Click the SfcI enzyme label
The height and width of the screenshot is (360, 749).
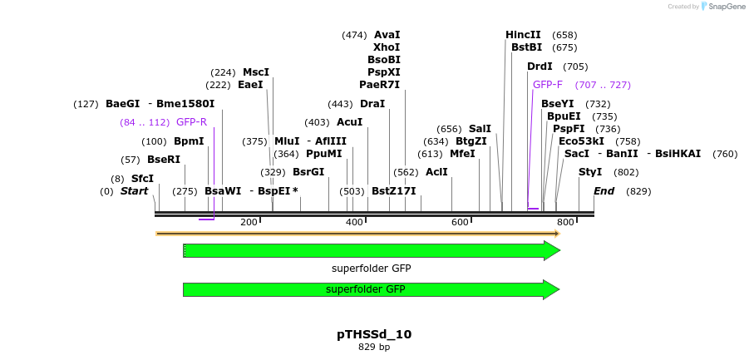[x=142, y=179]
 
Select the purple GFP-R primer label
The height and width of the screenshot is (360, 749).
[x=191, y=122]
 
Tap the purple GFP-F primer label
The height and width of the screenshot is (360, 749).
[x=547, y=85]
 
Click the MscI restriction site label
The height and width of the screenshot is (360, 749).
[x=256, y=72]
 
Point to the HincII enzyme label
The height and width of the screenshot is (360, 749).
[x=523, y=35]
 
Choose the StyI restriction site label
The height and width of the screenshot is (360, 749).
[x=590, y=172]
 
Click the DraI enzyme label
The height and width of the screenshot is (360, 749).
[x=372, y=104]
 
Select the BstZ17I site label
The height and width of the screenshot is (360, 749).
[x=393, y=191]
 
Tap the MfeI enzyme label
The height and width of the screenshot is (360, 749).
[x=462, y=154]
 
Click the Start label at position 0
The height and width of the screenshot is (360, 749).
[x=134, y=191]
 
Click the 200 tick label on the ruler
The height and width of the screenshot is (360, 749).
[x=249, y=223]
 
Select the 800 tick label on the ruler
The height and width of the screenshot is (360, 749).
[x=565, y=223]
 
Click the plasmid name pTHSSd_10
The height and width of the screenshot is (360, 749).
[x=374, y=334]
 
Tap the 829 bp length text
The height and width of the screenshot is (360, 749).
[x=374, y=348]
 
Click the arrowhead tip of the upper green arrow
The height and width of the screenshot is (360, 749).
[x=559, y=250]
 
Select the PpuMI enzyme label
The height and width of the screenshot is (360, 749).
[x=323, y=154]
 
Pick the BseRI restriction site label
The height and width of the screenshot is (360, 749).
[x=164, y=160]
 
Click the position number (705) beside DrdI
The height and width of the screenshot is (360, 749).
[x=575, y=67]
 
